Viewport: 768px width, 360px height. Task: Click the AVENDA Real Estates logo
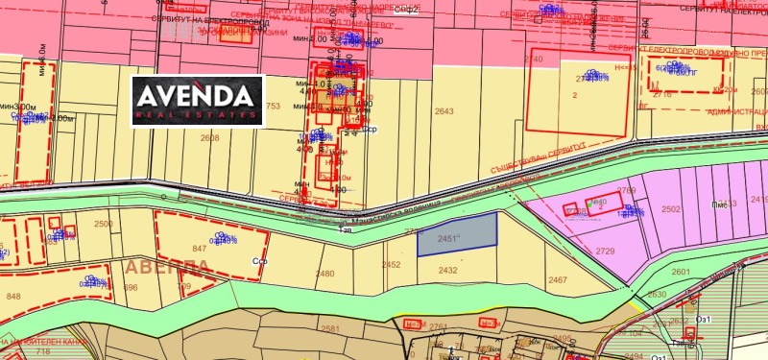197,100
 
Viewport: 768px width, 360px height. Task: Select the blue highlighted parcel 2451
457,234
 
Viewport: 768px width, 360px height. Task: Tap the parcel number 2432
447,271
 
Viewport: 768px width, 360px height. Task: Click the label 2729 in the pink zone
605,251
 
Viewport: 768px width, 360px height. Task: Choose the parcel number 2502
671,208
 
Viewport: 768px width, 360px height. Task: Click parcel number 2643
444,112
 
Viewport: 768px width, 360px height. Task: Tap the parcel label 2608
209,138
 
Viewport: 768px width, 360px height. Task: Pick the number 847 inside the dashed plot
200,249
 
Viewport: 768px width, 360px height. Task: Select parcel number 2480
325,274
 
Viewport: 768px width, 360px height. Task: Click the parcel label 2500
104,225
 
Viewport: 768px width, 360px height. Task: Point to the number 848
13,297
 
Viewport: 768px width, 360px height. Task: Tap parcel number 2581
330,328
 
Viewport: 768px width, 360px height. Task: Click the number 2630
657,295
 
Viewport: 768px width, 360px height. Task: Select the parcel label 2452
392,265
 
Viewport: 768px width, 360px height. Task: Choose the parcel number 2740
533,60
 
